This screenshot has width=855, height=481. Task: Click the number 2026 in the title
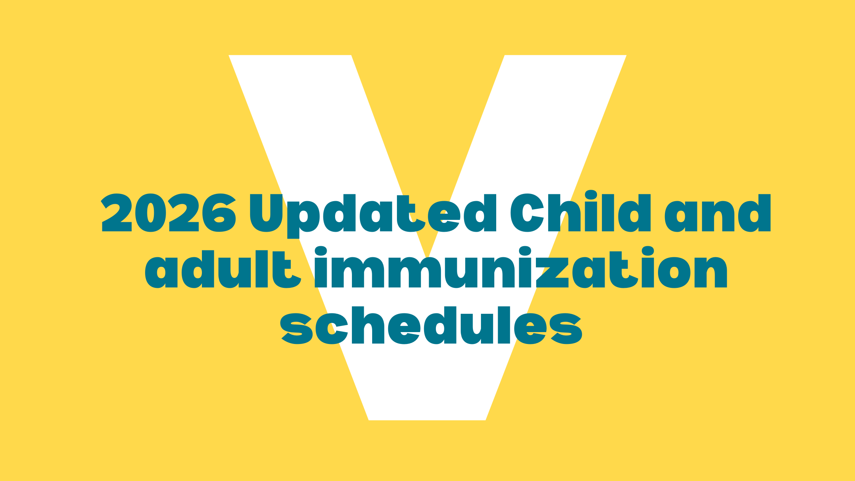click(168, 213)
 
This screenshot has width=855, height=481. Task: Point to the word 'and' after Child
click(718, 213)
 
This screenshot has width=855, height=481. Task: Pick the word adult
click(223, 269)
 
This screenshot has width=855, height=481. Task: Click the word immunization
click(521, 268)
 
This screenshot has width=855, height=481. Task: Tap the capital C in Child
click(527, 213)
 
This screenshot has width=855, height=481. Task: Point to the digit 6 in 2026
click(219, 213)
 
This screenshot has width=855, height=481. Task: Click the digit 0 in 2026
click(151, 213)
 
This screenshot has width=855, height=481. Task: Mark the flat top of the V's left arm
click(290, 56)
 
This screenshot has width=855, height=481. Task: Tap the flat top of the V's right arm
click(566, 56)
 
